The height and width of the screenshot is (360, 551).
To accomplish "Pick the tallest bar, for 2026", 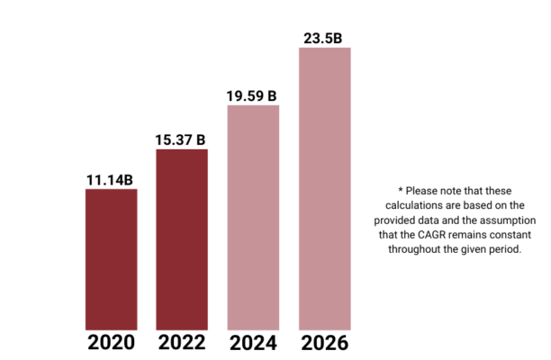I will point(324,188).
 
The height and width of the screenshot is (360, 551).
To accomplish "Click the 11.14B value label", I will point(111,180).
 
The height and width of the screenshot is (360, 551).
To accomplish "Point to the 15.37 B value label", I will point(182,139).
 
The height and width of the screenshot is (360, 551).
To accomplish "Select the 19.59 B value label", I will point(253,95).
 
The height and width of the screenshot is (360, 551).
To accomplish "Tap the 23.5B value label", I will point(324,38).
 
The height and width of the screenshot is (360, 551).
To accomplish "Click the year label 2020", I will point(111,343).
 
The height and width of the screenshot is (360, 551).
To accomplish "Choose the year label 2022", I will point(182,343).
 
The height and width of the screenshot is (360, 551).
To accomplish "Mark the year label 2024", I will point(253,343).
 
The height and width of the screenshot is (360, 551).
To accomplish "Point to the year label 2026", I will point(324,343).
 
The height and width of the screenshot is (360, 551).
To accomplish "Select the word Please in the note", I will point(421,191).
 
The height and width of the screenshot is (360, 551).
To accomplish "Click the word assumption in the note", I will point(504,220).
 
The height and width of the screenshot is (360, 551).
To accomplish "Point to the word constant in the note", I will point(513,235).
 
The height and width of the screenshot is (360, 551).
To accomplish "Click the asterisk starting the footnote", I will point(400,191).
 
